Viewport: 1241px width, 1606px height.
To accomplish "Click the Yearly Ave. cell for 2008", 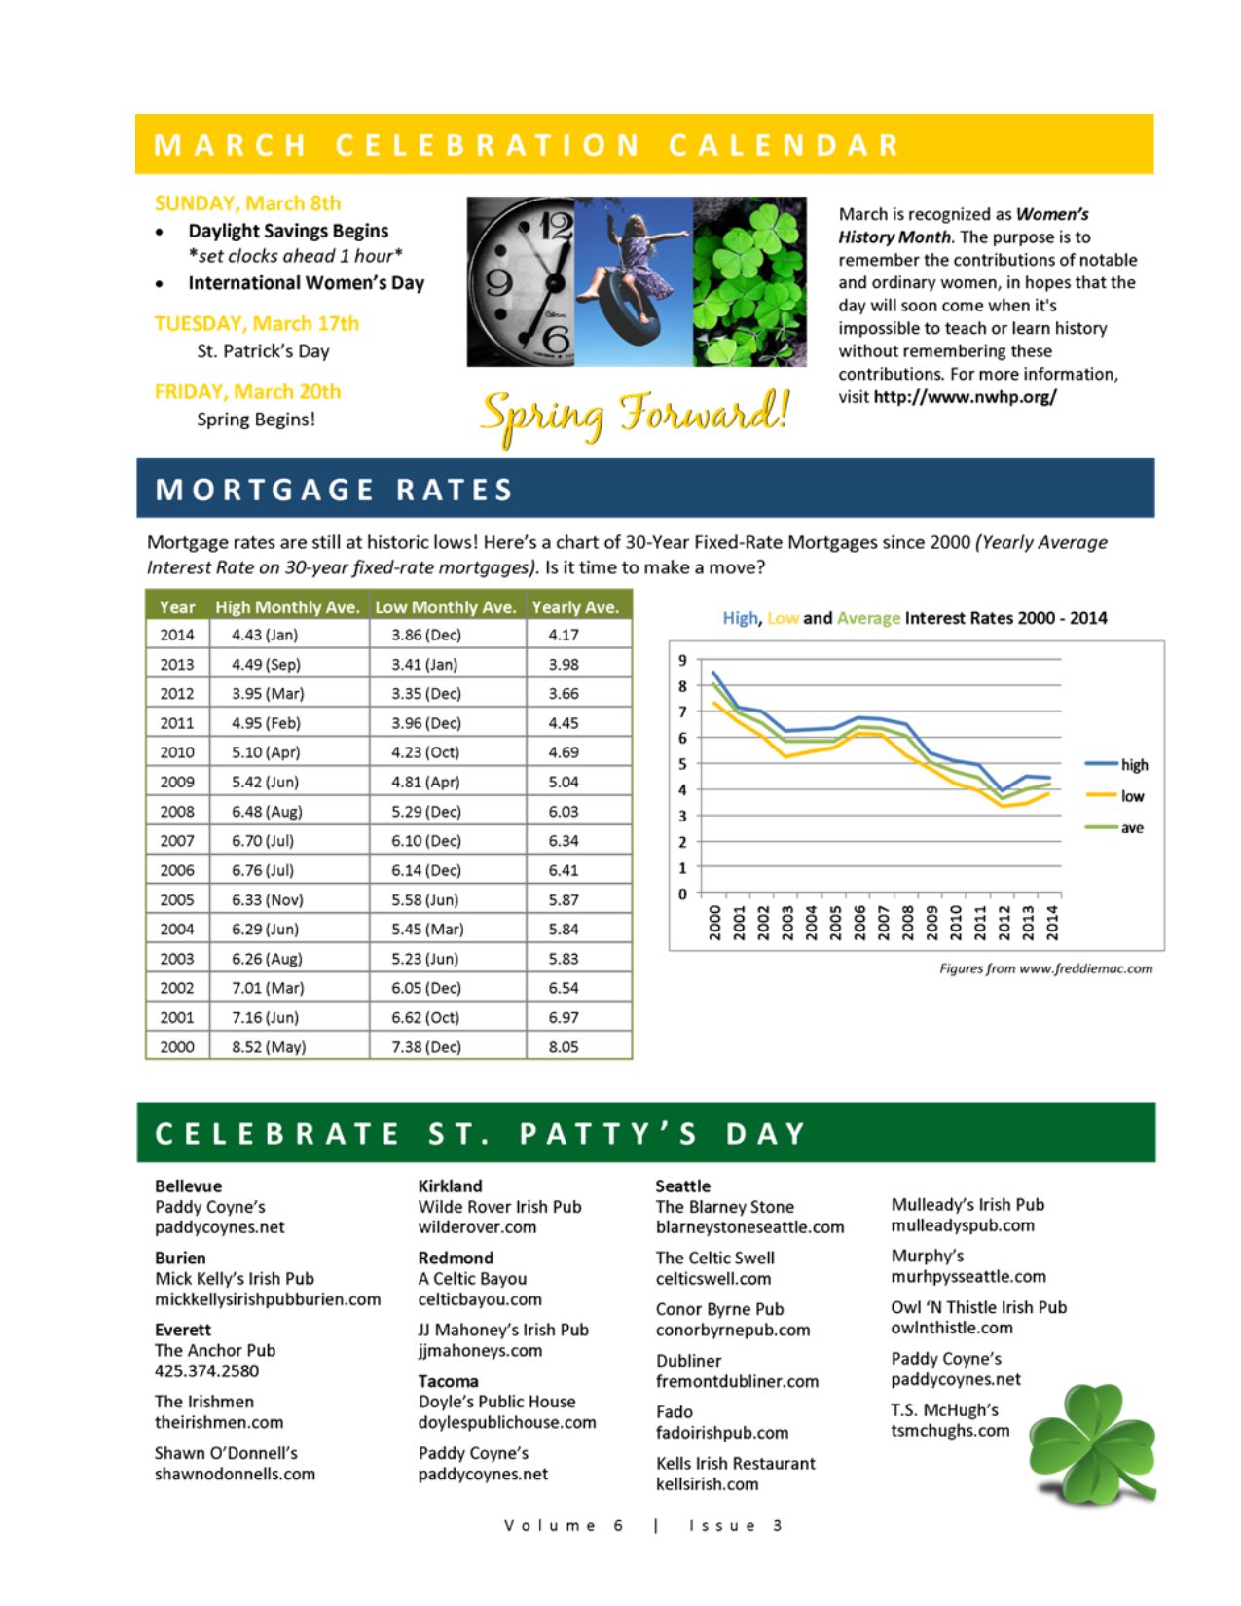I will click(564, 812).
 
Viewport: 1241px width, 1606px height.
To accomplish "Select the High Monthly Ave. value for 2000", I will click(269, 1047).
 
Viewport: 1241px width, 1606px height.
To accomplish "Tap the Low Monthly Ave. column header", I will click(445, 607).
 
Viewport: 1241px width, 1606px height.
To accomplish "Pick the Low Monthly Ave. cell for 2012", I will click(426, 694).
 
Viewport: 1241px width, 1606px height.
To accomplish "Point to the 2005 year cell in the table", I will click(177, 900).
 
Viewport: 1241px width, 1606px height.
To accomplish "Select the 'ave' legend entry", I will click(1131, 828).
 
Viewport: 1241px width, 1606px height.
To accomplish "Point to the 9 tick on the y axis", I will click(682, 661).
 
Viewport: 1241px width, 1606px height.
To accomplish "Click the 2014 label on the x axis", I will click(1052, 922).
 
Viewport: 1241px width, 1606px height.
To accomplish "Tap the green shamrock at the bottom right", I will click(1092, 1443).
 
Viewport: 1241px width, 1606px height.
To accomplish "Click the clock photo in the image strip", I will click(521, 282).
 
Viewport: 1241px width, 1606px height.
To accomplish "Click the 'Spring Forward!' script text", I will click(635, 416).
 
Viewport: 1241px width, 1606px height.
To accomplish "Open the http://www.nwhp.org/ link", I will click(965, 397).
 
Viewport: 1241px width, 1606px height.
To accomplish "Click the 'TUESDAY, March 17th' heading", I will click(257, 323).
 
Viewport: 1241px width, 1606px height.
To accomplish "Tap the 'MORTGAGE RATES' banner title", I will click(334, 490).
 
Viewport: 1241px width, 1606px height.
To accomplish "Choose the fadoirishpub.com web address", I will click(722, 1433).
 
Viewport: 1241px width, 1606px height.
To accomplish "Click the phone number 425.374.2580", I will click(206, 1371).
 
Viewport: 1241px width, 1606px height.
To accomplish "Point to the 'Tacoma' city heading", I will click(448, 1381).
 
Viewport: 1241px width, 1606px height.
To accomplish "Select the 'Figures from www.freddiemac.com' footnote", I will click(1045, 968).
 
